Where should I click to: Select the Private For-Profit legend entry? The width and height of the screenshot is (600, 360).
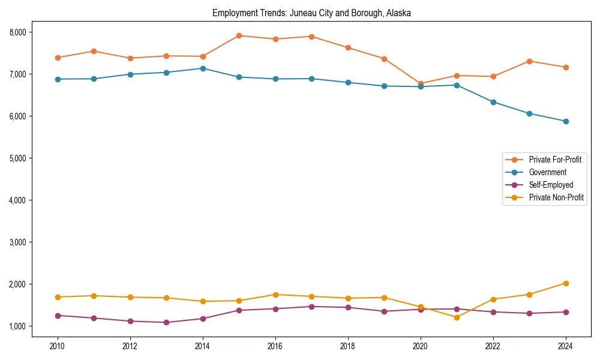[555, 160]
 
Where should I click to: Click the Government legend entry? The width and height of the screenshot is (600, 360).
[547, 172]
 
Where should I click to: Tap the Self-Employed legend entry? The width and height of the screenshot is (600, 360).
[551, 185]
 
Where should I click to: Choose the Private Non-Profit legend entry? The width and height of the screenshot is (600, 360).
[556, 197]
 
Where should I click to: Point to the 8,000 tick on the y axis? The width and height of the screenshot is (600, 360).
[21, 32]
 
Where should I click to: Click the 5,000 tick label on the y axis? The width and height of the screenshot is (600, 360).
[21, 158]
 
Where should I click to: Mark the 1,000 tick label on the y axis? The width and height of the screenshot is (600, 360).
[21, 326]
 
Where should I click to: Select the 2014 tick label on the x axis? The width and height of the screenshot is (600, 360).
[203, 346]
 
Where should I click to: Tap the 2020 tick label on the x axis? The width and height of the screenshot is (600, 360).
[421, 346]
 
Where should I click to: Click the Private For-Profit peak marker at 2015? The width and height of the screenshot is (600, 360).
[239, 35]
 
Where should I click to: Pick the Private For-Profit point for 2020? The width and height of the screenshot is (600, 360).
[421, 83]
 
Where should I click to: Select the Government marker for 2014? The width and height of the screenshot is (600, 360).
[203, 68]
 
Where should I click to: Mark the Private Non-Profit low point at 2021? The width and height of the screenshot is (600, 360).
[457, 317]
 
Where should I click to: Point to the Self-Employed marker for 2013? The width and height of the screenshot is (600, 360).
[166, 323]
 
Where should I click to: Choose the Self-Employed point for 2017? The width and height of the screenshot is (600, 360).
[311, 307]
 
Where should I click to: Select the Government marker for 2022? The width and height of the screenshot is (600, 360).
[493, 102]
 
